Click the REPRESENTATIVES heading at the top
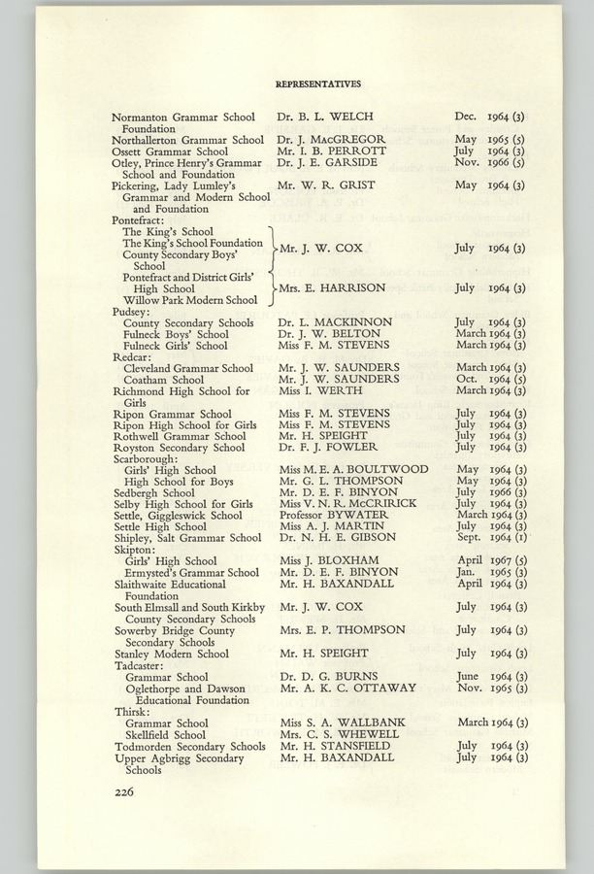coord(318,84)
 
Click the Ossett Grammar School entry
coord(170,151)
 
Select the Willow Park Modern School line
coord(190,300)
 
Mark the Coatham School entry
coord(163,380)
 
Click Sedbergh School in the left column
coord(152,492)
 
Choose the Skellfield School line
coord(166,734)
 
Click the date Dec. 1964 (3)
coord(490,117)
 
